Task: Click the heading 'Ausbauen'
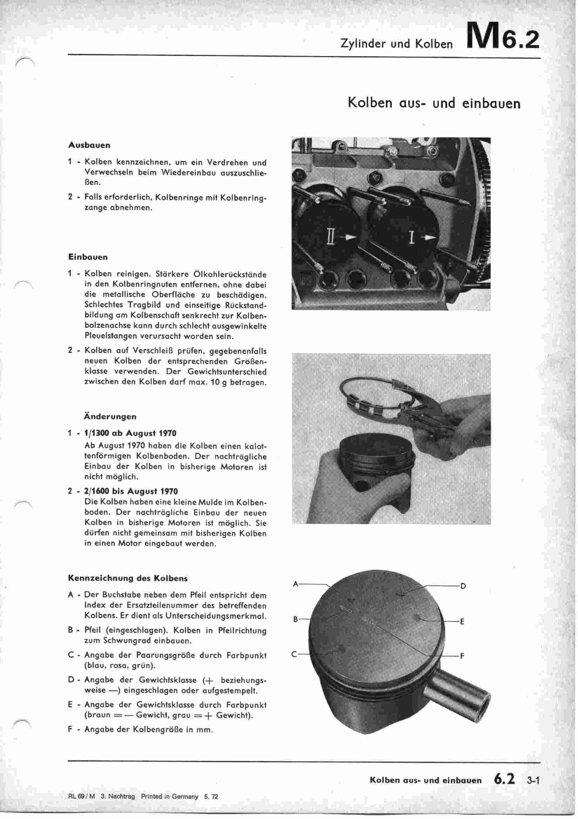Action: tap(89, 145)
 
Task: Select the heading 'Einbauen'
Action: tap(88, 257)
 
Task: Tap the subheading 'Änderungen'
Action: tap(110, 417)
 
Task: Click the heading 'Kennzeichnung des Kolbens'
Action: tap(128, 578)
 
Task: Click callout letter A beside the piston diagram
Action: tap(295, 584)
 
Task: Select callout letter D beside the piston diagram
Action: tap(463, 586)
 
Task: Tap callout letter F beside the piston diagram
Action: tap(462, 656)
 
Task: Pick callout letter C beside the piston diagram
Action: tap(294, 654)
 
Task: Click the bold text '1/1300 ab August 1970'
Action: tap(130, 433)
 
